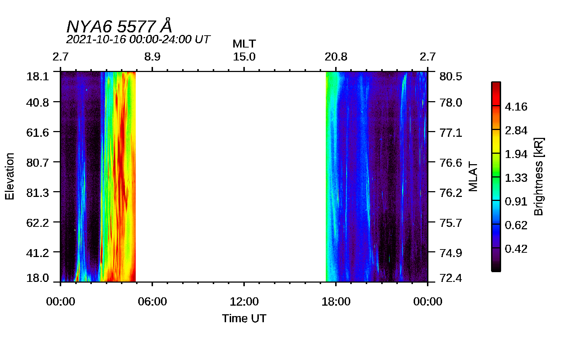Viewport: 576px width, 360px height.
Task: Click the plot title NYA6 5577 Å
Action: pos(119,26)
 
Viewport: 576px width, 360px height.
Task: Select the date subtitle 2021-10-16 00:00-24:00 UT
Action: pos(138,39)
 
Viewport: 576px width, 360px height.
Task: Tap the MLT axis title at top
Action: pos(244,44)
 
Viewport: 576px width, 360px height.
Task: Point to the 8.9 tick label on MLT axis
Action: pos(152,57)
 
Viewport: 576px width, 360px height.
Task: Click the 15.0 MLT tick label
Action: pos(244,57)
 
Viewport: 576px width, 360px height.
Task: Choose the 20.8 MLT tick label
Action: pos(336,57)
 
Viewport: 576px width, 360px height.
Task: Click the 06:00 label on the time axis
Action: pos(152,302)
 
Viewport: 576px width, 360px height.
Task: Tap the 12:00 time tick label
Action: pos(244,302)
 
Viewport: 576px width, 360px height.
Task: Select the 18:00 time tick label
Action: pos(336,302)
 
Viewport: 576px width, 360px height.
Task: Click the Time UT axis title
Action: pos(244,318)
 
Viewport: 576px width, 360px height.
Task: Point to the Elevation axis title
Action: pos(10,176)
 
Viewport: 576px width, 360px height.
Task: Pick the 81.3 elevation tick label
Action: pos(37,193)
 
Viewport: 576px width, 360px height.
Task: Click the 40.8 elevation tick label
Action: pos(37,103)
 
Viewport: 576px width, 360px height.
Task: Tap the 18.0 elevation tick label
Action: pos(37,278)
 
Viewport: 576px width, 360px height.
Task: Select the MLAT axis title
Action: pos(473,176)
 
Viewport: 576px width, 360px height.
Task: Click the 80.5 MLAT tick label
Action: pos(451,76)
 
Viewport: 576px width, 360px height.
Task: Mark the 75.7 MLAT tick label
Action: pos(451,223)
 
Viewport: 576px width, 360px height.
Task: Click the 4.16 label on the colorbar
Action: pos(516,107)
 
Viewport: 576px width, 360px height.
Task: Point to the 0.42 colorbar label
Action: pos(516,249)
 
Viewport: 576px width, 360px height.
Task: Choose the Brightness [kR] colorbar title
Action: pos(539,176)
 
